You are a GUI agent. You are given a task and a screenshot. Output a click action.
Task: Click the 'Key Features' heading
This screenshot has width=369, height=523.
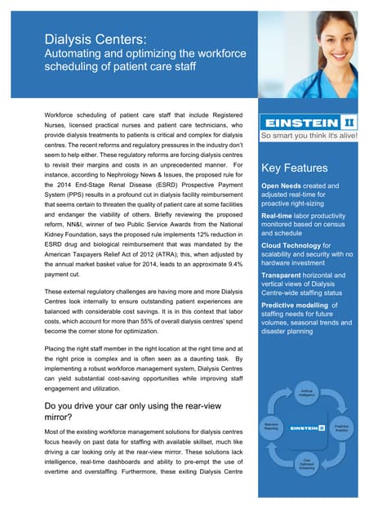[x=294, y=168]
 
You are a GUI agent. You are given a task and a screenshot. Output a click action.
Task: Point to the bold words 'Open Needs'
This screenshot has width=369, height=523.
[x=282, y=186]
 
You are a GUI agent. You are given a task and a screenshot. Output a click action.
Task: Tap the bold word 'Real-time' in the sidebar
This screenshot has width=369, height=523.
[x=278, y=216]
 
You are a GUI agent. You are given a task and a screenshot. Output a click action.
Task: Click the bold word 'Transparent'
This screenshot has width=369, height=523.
[x=285, y=275]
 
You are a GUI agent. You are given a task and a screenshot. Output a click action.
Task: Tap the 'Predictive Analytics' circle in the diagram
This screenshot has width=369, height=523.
[x=342, y=427]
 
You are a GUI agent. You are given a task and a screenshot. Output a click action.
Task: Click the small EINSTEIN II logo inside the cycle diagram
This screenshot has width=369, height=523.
[x=309, y=427]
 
